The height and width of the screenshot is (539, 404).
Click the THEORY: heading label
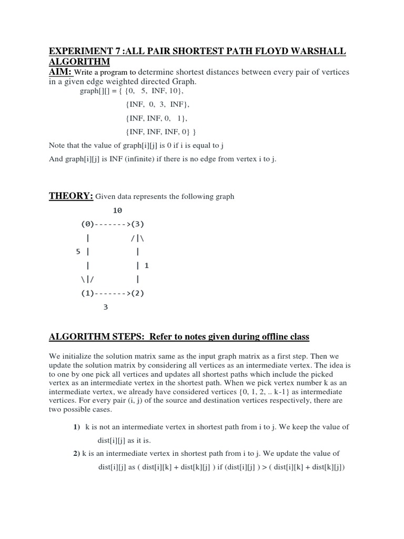71,196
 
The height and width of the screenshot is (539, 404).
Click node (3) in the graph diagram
137,224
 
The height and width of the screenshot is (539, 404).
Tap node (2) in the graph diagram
137,293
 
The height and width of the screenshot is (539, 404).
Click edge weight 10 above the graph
117,211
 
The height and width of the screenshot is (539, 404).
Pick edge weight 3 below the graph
105,307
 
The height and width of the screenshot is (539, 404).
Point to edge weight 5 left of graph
78,252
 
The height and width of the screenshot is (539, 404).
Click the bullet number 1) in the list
76,427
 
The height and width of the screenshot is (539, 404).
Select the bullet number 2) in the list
76,453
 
